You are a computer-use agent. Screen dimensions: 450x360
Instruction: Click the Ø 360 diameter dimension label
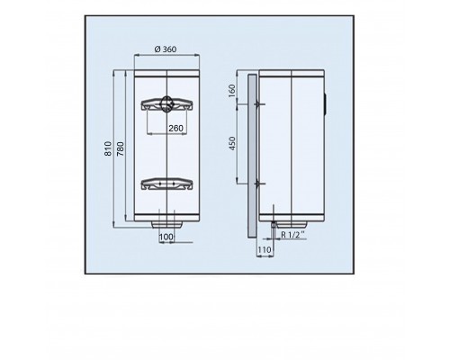166,49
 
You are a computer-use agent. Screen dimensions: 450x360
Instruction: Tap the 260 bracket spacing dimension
175,129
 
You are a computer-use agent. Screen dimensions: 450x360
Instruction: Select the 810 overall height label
108,148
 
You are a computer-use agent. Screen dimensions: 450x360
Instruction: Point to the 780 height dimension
120,148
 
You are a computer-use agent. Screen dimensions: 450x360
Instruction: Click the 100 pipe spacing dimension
166,237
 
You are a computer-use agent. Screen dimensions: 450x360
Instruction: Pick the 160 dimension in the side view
232,91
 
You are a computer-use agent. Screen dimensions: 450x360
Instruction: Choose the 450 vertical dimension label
232,143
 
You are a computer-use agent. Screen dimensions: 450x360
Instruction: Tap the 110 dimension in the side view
264,249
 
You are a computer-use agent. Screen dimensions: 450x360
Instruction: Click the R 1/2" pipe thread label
292,235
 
